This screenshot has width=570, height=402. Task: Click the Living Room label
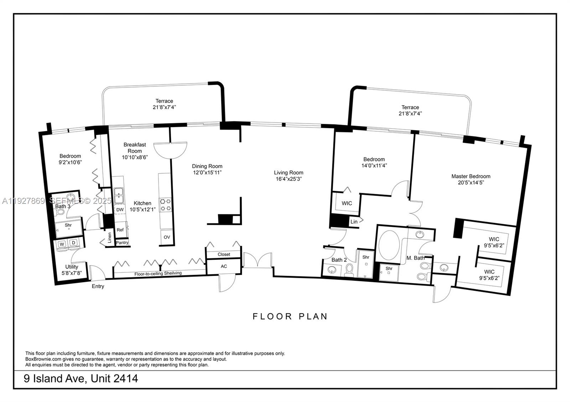coord(289,173)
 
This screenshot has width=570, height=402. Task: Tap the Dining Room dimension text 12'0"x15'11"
coord(207,173)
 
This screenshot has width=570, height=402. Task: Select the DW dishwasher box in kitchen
coord(120,210)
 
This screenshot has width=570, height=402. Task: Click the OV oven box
coord(167,237)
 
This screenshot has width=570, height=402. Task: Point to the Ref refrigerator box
coord(120,230)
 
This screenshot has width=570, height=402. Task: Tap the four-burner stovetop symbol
coord(166,205)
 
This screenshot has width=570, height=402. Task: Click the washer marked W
coord(62,244)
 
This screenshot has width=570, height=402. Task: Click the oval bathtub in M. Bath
coord(389,245)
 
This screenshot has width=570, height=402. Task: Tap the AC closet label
coord(224,266)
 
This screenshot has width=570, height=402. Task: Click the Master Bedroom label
coord(471,176)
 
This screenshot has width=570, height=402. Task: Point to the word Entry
coord(98,286)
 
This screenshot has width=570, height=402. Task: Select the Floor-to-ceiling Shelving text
coord(158,274)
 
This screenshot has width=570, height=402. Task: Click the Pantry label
coord(122,243)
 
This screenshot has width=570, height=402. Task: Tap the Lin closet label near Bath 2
coord(354,222)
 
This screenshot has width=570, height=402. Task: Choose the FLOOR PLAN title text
coord(290,316)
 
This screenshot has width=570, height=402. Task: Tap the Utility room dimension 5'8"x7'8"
coord(71,273)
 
